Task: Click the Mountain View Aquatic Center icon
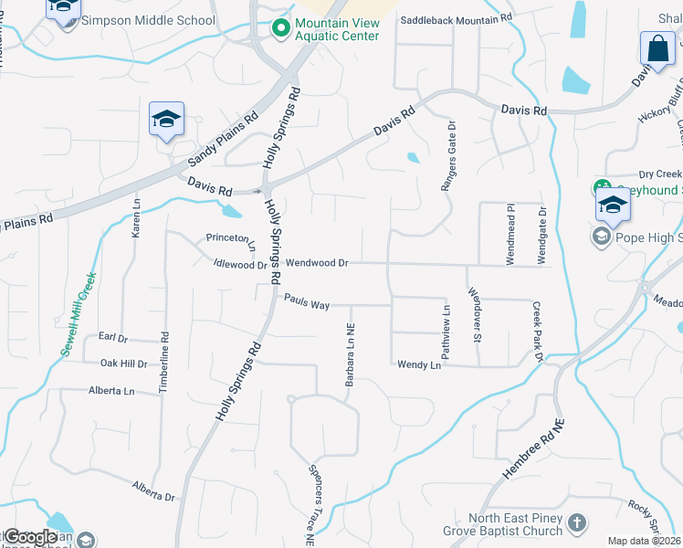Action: point(279,29)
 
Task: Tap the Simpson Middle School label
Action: point(148,20)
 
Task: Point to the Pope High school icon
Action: point(602,237)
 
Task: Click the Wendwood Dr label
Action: point(317,263)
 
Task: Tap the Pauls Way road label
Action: point(306,300)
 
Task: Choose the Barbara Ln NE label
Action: point(350,354)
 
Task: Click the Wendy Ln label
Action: point(419,364)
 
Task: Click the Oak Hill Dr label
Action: point(124,364)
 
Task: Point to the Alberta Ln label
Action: point(111,391)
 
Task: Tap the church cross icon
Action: point(576,523)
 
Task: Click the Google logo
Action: point(29,537)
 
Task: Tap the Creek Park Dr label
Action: point(537,330)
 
